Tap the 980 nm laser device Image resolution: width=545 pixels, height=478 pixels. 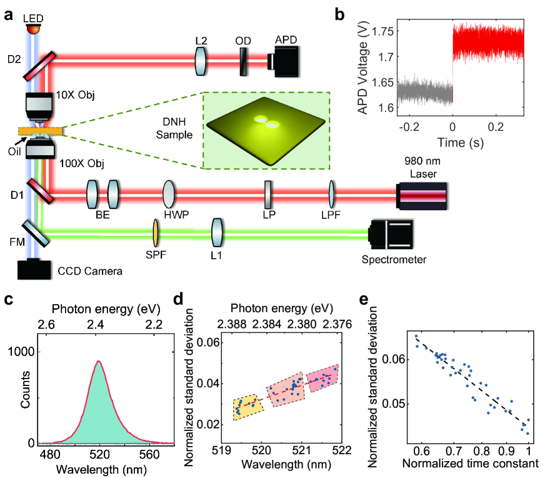click(x=422, y=195)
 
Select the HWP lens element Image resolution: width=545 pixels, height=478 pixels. click(x=168, y=195)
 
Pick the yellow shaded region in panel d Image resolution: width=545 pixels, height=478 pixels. click(x=247, y=410)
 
